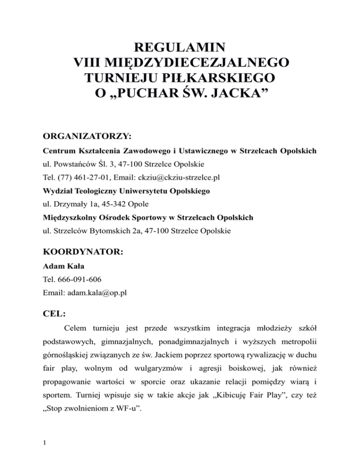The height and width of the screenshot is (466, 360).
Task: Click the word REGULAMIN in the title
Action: click(180, 48)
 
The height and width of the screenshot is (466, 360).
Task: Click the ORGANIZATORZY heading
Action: click(87, 136)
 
